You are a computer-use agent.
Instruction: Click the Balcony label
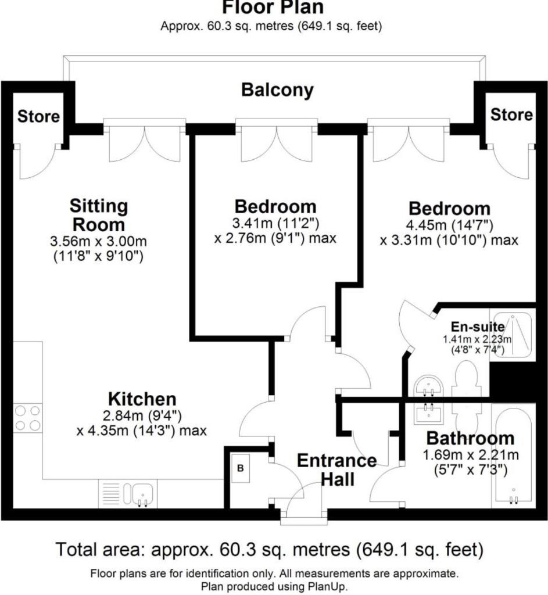pos(277,90)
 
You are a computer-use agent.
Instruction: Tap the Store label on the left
pos(38,116)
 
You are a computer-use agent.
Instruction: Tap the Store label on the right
pos(511,114)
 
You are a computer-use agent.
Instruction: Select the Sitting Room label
pos(98,215)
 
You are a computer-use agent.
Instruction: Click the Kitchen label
pos(142,399)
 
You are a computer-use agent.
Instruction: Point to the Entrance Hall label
pos(336,469)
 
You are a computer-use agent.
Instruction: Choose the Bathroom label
pos(470,438)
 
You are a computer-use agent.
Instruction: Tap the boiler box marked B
pos(240,468)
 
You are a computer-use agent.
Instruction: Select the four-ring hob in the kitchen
pos(28,418)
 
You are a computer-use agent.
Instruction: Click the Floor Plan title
pos(273,8)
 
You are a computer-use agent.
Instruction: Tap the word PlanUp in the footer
pos(329,586)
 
